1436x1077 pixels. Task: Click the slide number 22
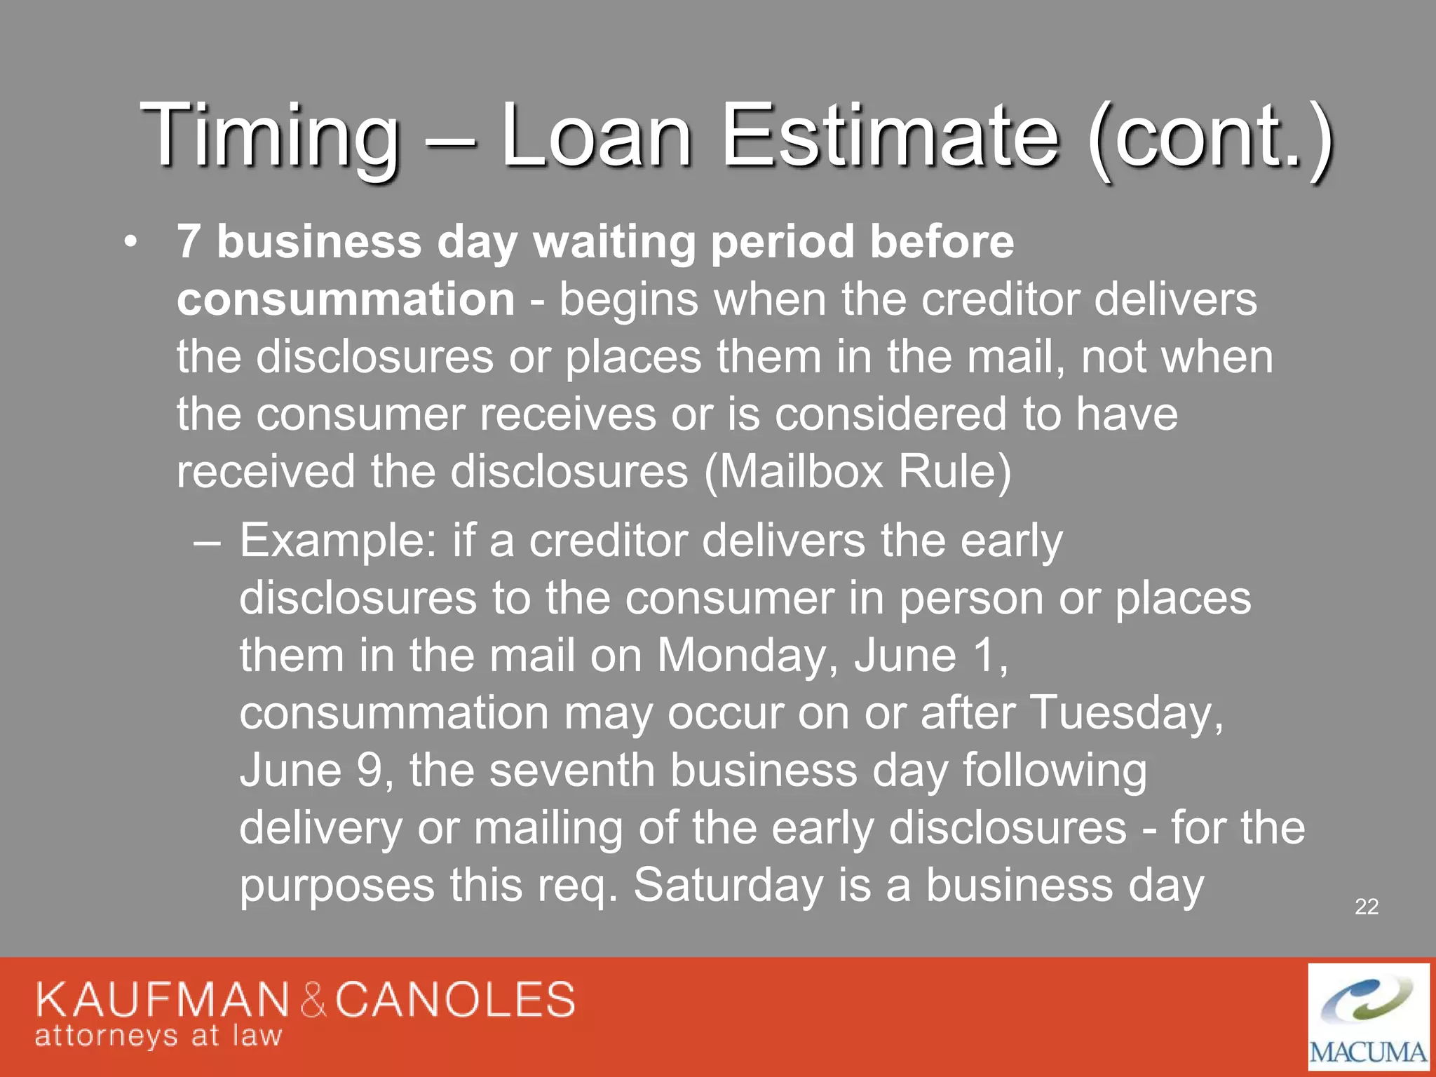(x=1367, y=907)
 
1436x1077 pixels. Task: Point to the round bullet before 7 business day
(x=129, y=243)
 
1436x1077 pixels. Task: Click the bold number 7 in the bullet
(x=189, y=242)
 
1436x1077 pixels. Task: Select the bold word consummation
(x=346, y=299)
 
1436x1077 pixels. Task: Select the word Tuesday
(x=1126, y=713)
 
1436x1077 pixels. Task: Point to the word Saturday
(x=728, y=886)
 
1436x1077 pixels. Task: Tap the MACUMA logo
(x=1368, y=1017)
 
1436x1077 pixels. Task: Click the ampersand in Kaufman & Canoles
(x=313, y=1001)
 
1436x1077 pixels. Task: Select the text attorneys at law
(x=158, y=1036)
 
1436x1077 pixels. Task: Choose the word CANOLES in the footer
(x=455, y=1000)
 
